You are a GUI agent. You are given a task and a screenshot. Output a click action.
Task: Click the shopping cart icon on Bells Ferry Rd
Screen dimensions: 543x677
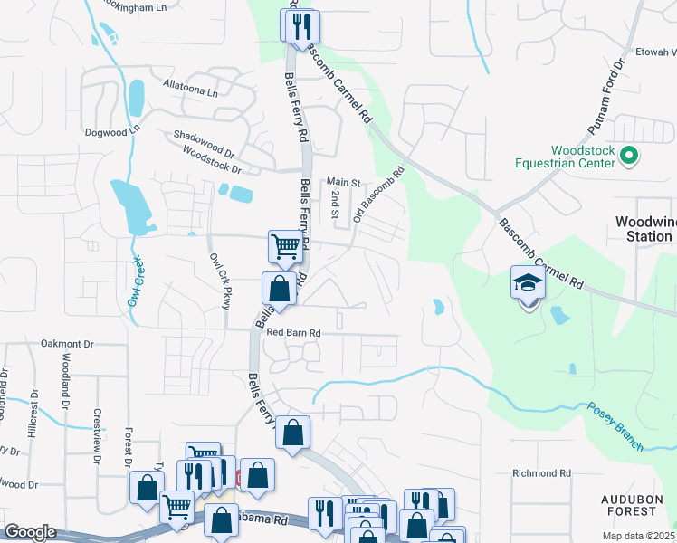point(285,246)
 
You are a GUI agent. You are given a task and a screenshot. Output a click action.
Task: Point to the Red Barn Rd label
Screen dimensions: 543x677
point(293,333)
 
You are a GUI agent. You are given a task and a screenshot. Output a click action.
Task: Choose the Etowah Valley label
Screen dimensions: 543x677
point(653,52)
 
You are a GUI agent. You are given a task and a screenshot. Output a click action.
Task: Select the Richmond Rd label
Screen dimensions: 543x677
point(541,473)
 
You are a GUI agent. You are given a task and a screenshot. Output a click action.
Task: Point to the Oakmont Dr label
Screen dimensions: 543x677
point(67,344)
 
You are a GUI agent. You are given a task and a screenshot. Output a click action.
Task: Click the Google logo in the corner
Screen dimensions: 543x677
point(30,532)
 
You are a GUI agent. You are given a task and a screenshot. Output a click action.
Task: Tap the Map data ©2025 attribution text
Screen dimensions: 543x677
point(638,536)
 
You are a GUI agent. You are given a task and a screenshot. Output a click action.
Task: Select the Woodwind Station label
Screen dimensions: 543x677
point(644,228)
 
